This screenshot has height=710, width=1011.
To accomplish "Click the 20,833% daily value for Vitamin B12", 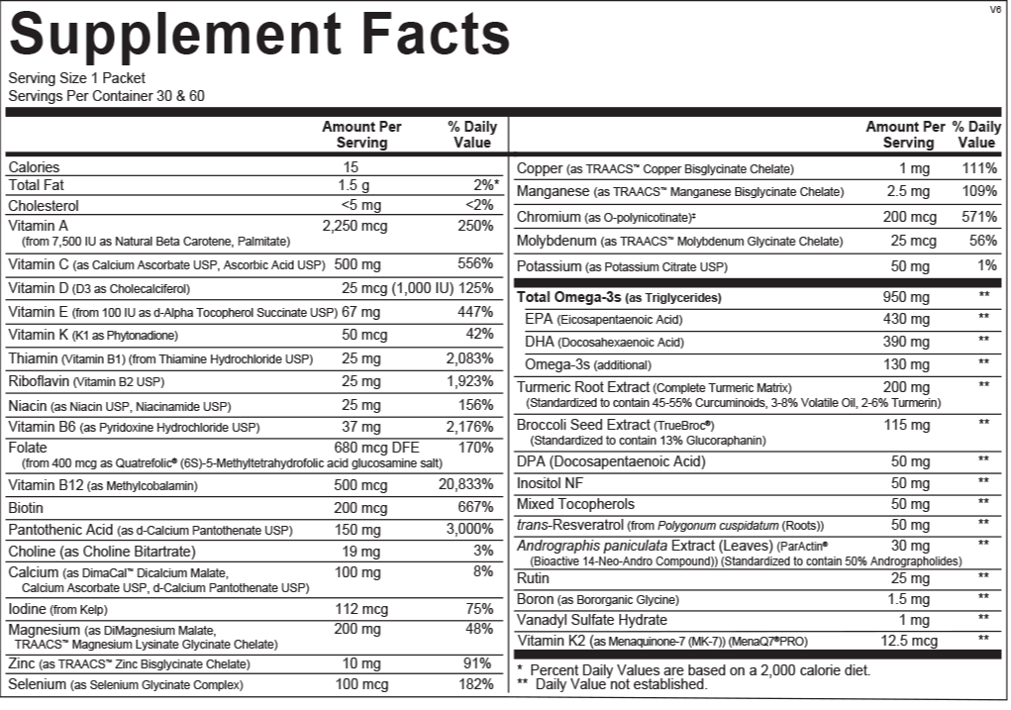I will pyautogui.click(x=465, y=485).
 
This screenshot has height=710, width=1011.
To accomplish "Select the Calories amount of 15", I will pyautogui.click(x=351, y=167).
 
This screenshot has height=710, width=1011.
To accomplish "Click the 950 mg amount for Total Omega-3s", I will pyautogui.click(x=907, y=297).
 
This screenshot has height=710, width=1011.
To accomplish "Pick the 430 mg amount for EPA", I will pyautogui.click(x=907, y=319).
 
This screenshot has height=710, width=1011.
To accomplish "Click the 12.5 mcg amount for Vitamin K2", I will pyautogui.click(x=910, y=641).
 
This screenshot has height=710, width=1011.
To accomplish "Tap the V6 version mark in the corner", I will pyautogui.click(x=995, y=9).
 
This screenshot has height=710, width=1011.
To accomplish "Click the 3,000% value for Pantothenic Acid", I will pyautogui.click(x=469, y=529).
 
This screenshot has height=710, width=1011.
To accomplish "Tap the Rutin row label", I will pyautogui.click(x=533, y=578).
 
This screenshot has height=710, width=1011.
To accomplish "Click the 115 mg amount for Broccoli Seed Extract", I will pyautogui.click(x=907, y=424).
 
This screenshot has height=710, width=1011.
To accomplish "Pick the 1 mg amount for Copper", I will pyautogui.click(x=915, y=169).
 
